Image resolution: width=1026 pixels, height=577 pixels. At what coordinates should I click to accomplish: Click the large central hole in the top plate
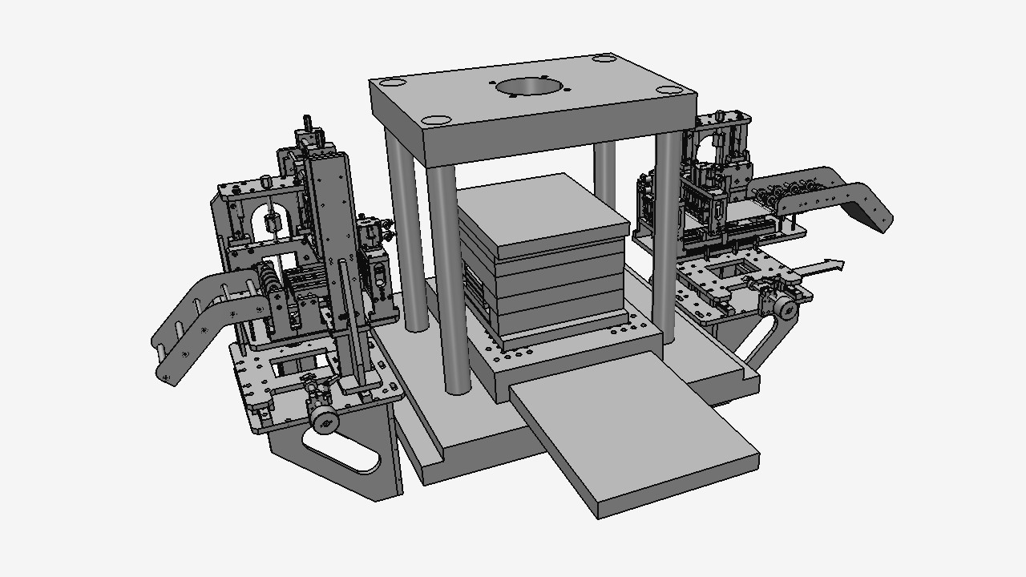pyautogui.click(x=530, y=87)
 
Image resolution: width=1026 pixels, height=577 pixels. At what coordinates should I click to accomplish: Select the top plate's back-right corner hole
pyautogui.click(x=601, y=59)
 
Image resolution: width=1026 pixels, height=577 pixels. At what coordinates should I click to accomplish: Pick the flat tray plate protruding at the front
pyautogui.click(x=633, y=437)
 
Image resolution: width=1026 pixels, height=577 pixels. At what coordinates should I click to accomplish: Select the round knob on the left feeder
pyautogui.click(x=325, y=418)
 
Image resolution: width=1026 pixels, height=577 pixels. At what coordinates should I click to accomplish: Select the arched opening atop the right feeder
pyautogui.click(x=705, y=148)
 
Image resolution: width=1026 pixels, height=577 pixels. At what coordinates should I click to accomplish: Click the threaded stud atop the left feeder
pyautogui.click(x=306, y=125)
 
